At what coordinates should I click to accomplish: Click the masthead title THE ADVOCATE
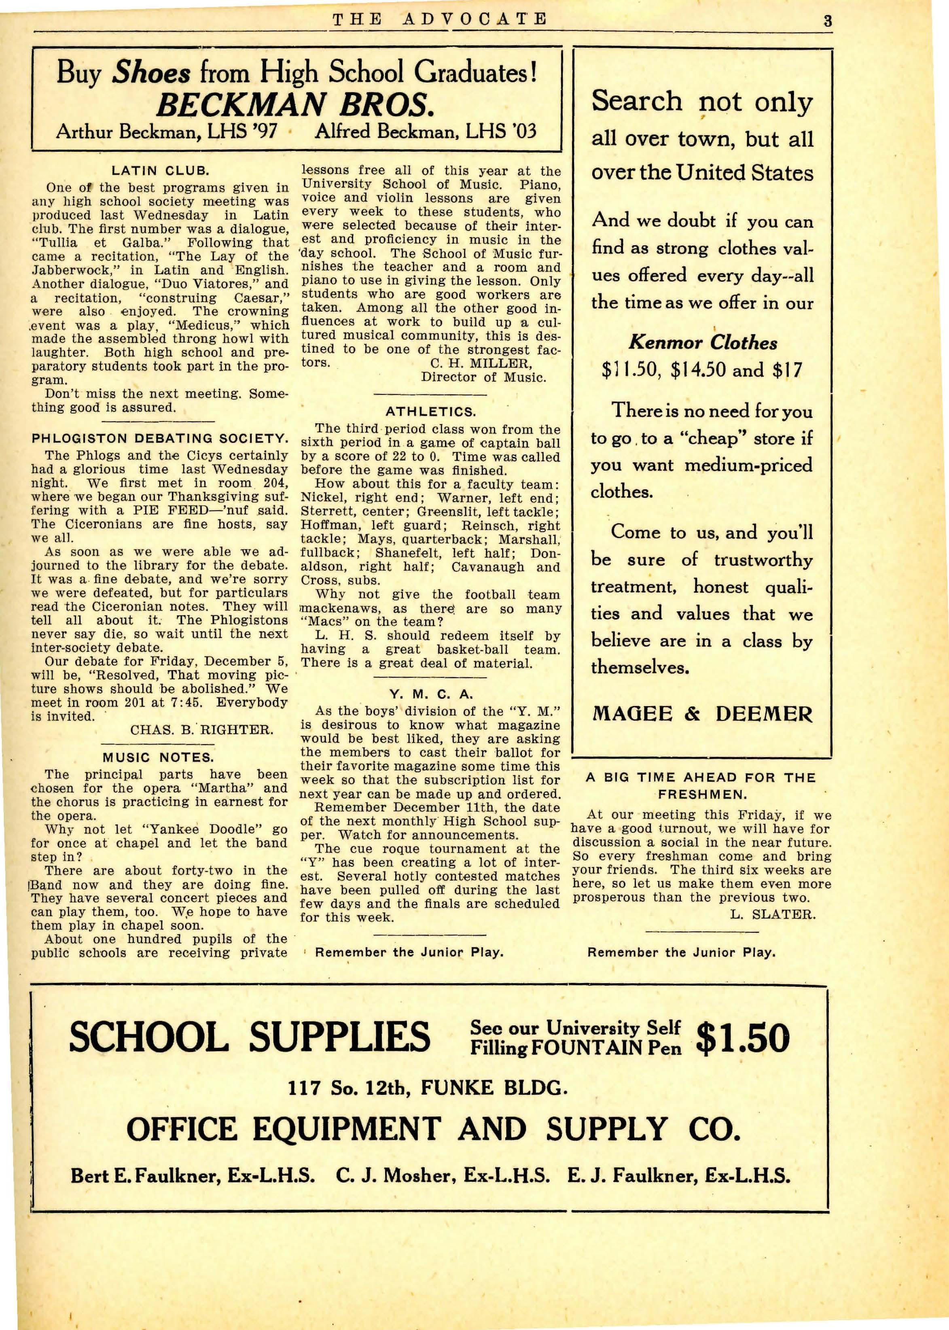[x=439, y=19]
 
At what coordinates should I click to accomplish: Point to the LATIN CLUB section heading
[x=160, y=171]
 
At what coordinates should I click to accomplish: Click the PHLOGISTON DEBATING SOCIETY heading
[x=159, y=438]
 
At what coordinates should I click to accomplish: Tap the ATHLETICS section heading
[x=431, y=412]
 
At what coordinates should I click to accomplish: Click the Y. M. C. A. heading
[x=431, y=694]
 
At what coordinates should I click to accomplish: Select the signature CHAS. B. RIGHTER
[x=201, y=730]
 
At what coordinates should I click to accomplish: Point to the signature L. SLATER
[x=773, y=914]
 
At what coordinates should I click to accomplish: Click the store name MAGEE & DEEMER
[x=702, y=714]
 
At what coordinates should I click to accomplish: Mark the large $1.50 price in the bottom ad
[x=743, y=1038]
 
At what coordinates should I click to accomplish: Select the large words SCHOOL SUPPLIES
[x=250, y=1038]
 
